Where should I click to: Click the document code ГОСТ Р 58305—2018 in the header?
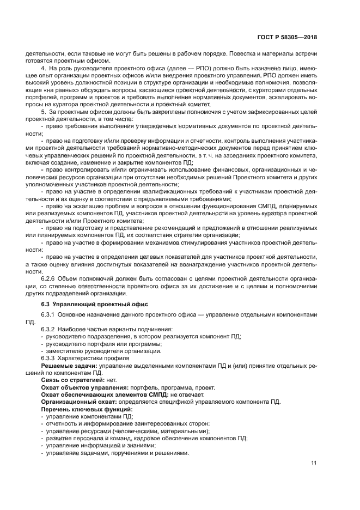(288, 38)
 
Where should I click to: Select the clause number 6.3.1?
(50, 315)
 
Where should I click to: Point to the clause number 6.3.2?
(50, 329)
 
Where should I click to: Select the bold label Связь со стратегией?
(68, 380)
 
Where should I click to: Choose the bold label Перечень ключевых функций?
(80, 409)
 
